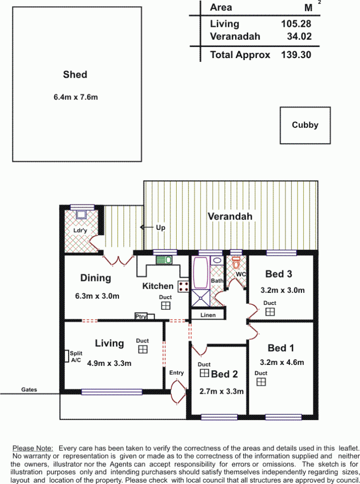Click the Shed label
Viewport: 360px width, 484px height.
click(x=75, y=74)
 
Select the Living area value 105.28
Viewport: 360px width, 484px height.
click(x=296, y=24)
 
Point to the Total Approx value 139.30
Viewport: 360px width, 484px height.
click(x=296, y=55)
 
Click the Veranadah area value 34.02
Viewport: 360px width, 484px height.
click(x=299, y=36)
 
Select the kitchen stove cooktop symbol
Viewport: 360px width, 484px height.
click(x=183, y=287)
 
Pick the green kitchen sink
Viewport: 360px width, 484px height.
click(x=164, y=260)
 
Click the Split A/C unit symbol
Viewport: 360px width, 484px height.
click(x=66, y=356)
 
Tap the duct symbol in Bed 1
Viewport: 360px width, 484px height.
click(x=261, y=382)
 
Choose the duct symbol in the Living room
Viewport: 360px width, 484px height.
click(x=143, y=350)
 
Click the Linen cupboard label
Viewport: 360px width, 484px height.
click(x=208, y=315)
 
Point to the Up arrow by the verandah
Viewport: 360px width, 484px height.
click(x=147, y=228)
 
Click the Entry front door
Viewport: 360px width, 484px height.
click(x=178, y=392)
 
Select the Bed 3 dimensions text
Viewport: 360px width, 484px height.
click(x=283, y=290)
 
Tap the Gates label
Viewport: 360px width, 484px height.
click(x=29, y=389)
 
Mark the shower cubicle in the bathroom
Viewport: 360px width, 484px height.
click(x=201, y=298)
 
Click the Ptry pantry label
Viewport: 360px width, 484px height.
click(x=141, y=316)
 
